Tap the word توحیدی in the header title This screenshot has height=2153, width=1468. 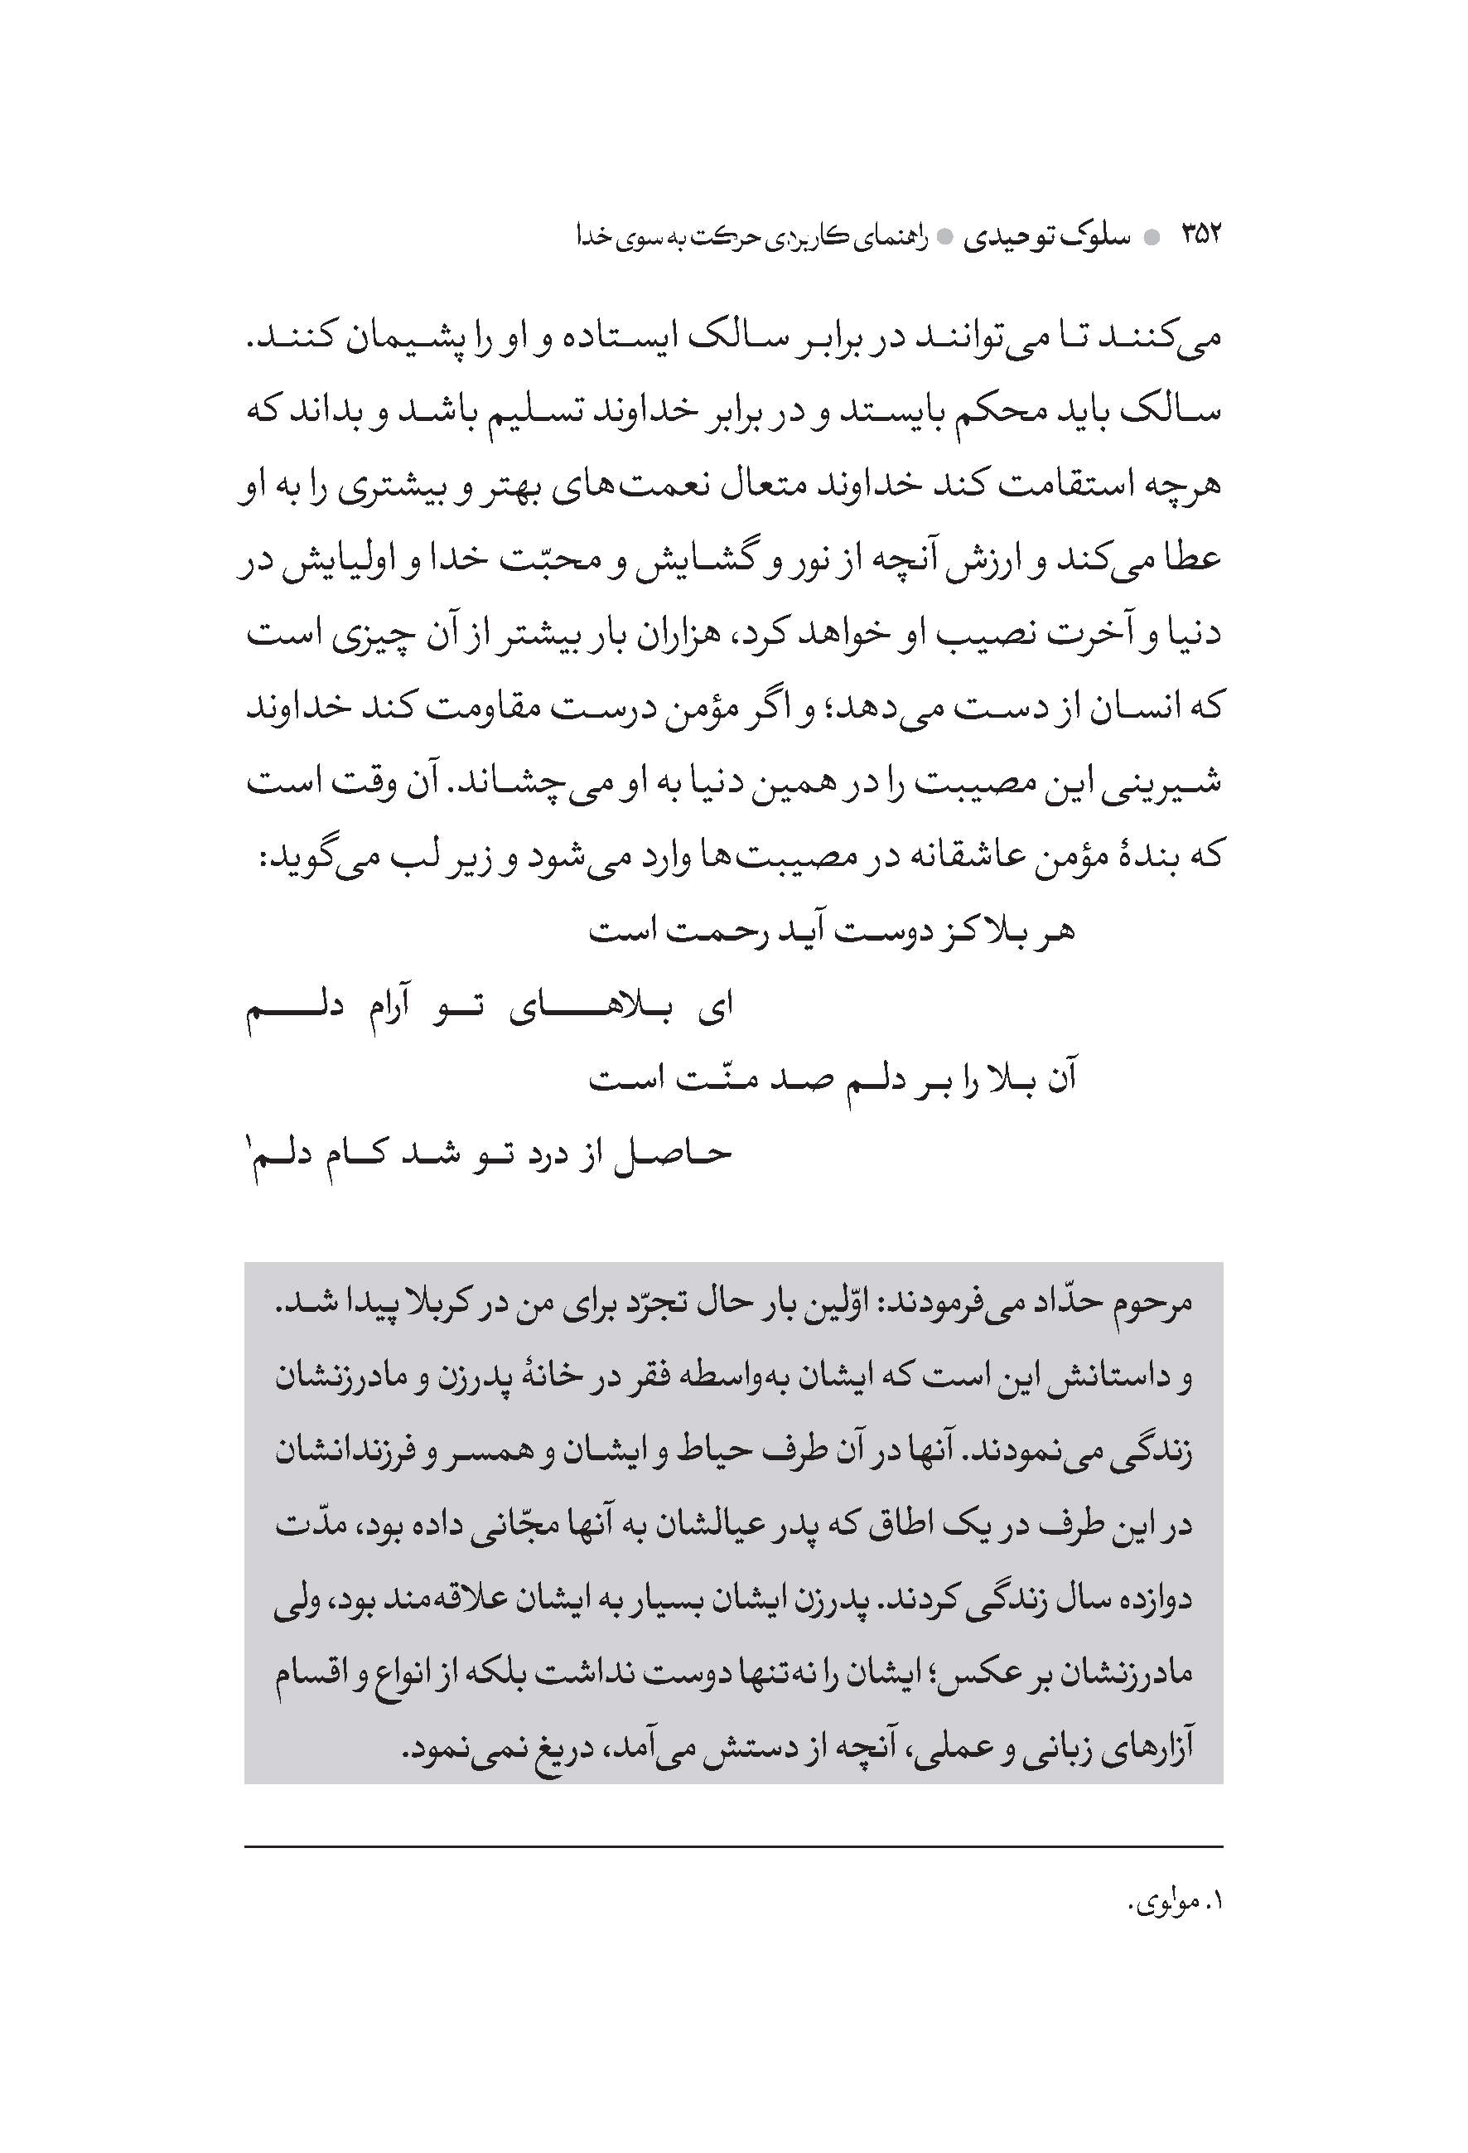coord(1019,238)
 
